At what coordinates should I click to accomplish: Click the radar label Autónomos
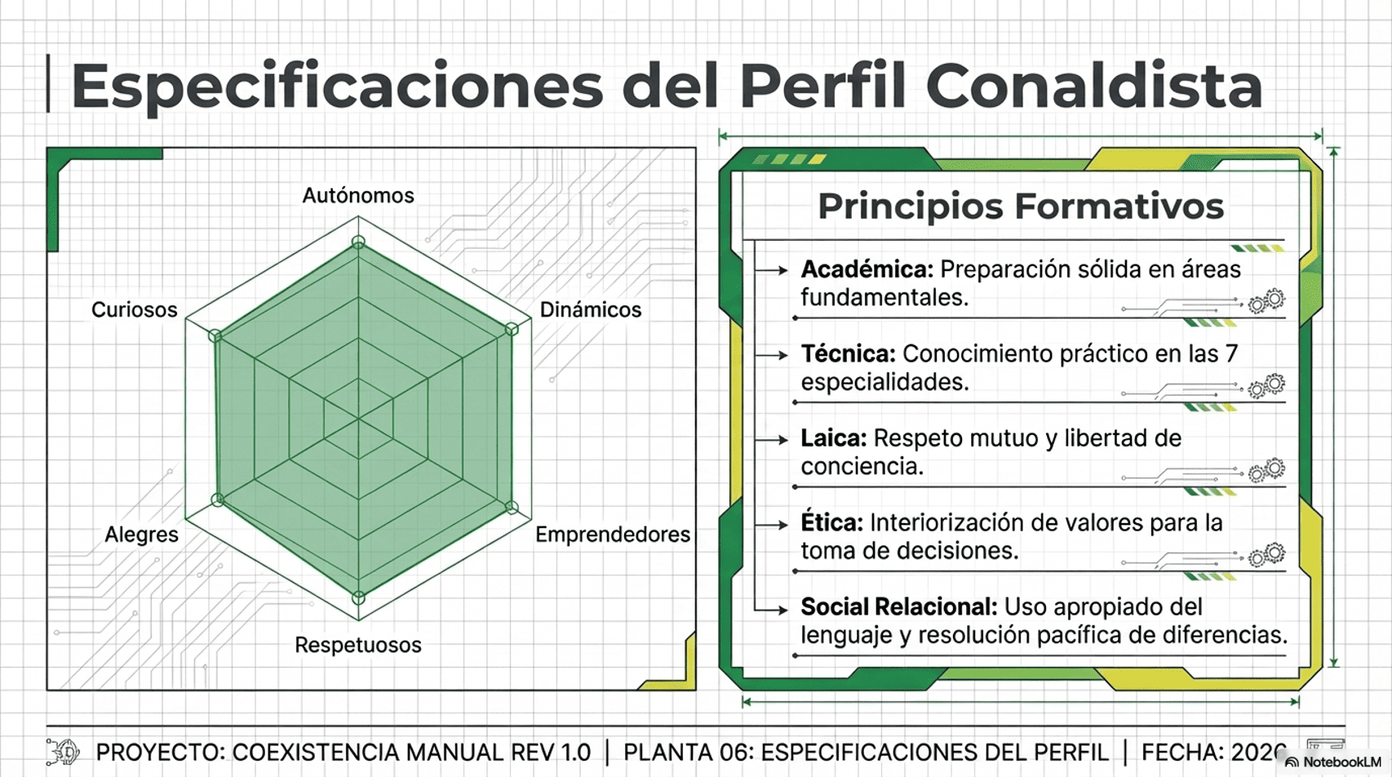pyautogui.click(x=358, y=196)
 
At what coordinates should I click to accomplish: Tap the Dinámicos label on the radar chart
pyautogui.click(x=590, y=310)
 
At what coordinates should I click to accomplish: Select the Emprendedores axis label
pyautogui.click(x=612, y=535)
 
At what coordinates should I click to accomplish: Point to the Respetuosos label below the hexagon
pyautogui.click(x=358, y=645)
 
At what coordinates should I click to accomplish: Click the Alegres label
pyautogui.click(x=141, y=535)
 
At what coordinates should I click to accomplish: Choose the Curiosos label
pyautogui.click(x=134, y=310)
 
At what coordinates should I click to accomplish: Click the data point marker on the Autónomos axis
pyautogui.click(x=358, y=242)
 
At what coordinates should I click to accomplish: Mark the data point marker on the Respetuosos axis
pyautogui.click(x=358, y=597)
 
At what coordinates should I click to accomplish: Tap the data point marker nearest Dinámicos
pyautogui.click(x=512, y=329)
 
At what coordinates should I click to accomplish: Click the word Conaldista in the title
pyautogui.click(x=1094, y=86)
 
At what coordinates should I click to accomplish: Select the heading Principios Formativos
pyautogui.click(x=1021, y=206)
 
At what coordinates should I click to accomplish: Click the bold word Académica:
pyautogui.click(x=867, y=269)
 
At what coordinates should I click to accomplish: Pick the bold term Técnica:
pyautogui.click(x=848, y=354)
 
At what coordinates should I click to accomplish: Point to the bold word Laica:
pyautogui.click(x=833, y=438)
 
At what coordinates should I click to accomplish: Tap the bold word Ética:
pyautogui.click(x=831, y=523)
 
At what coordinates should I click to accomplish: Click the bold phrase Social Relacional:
pyautogui.click(x=898, y=607)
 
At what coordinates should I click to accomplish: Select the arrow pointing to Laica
pyautogui.click(x=771, y=440)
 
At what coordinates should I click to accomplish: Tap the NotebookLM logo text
pyautogui.click(x=1341, y=762)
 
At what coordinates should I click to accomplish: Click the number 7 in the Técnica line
pyautogui.click(x=1231, y=354)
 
